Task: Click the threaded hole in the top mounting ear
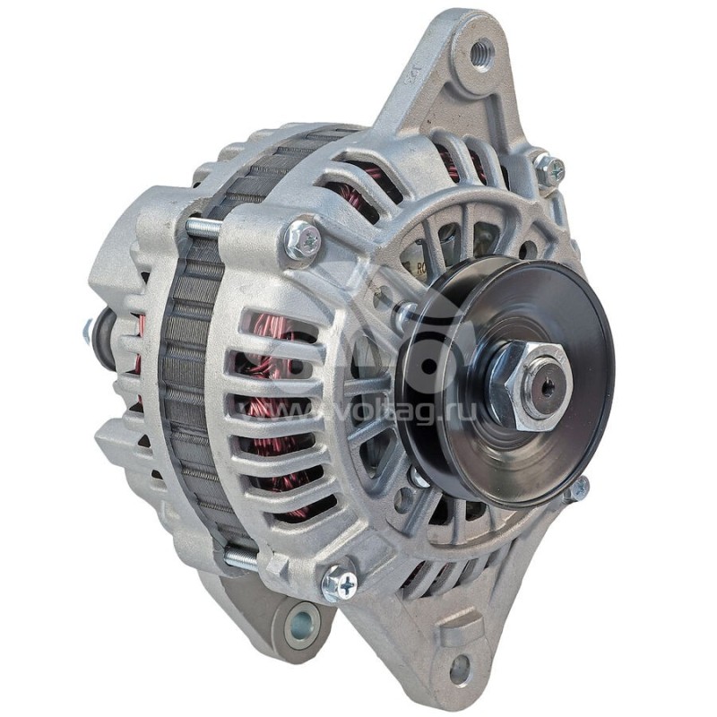(482, 54)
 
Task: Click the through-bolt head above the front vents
(302, 240)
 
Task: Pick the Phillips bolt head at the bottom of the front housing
(339, 583)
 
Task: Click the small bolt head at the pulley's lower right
(578, 488)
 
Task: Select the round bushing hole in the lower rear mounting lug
(301, 620)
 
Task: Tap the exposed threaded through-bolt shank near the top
(204, 228)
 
